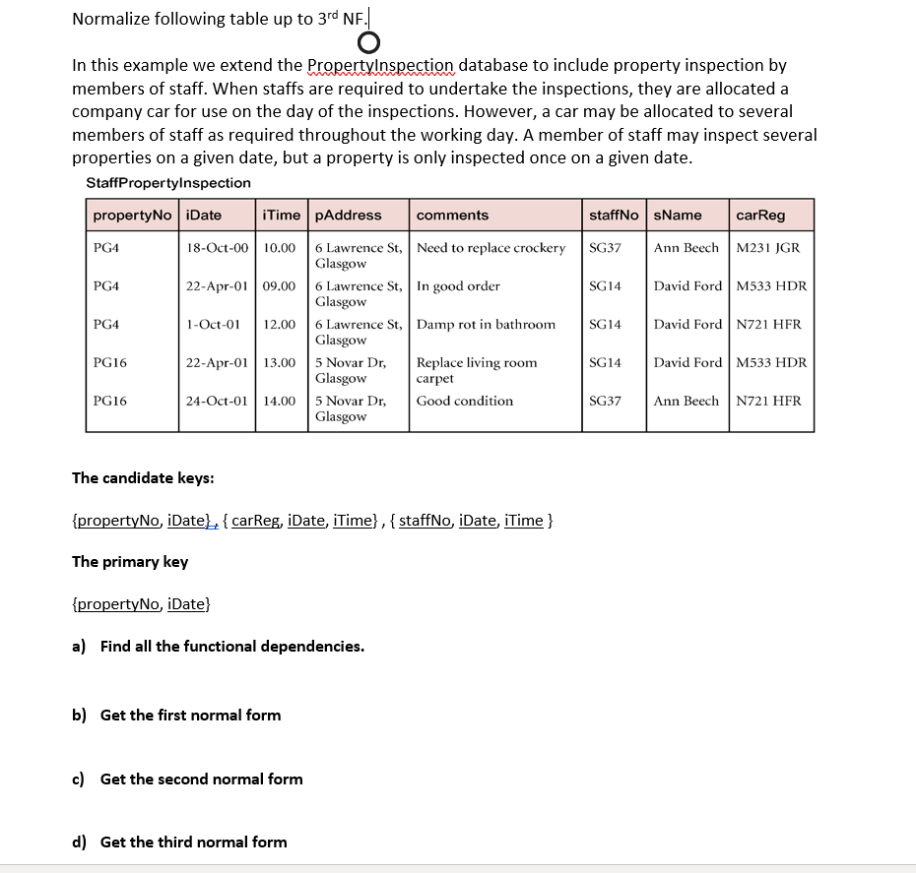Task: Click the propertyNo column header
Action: [132, 216]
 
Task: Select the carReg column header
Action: [760, 216]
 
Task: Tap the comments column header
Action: [452, 216]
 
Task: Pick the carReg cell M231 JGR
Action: [768, 248]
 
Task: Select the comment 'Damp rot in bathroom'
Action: [486, 325]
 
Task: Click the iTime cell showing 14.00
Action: [280, 402]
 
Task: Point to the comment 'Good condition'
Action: [465, 402]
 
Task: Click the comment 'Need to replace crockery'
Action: [491, 248]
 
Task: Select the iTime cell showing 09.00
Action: [280, 286]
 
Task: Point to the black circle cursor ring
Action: [367, 42]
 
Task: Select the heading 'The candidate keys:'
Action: [143, 478]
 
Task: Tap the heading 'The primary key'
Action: [130, 562]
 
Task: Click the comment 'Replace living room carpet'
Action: [477, 370]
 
